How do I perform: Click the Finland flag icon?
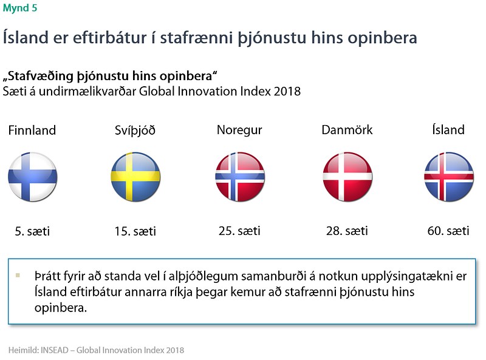pos(33,177)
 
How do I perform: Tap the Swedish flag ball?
pos(135,177)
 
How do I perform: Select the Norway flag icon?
pos(240,177)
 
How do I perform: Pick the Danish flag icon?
pos(347,177)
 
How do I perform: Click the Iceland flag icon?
pos(449,177)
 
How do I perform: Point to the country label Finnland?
pos(32,130)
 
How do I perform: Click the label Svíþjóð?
pos(135,131)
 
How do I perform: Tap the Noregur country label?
pos(239,130)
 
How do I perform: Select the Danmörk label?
pos(347,130)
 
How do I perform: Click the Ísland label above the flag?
pos(448,129)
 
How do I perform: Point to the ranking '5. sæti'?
pos(32,231)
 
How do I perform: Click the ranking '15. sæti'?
pos(135,231)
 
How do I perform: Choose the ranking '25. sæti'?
pos(239,231)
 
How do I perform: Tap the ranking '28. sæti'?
pos(347,231)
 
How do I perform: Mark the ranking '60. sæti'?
pos(448,231)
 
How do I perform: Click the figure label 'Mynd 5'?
pos(20,8)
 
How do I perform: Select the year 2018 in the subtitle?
pos(287,92)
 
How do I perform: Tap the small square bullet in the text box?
pos(18,275)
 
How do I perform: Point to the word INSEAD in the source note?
pos(55,350)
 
